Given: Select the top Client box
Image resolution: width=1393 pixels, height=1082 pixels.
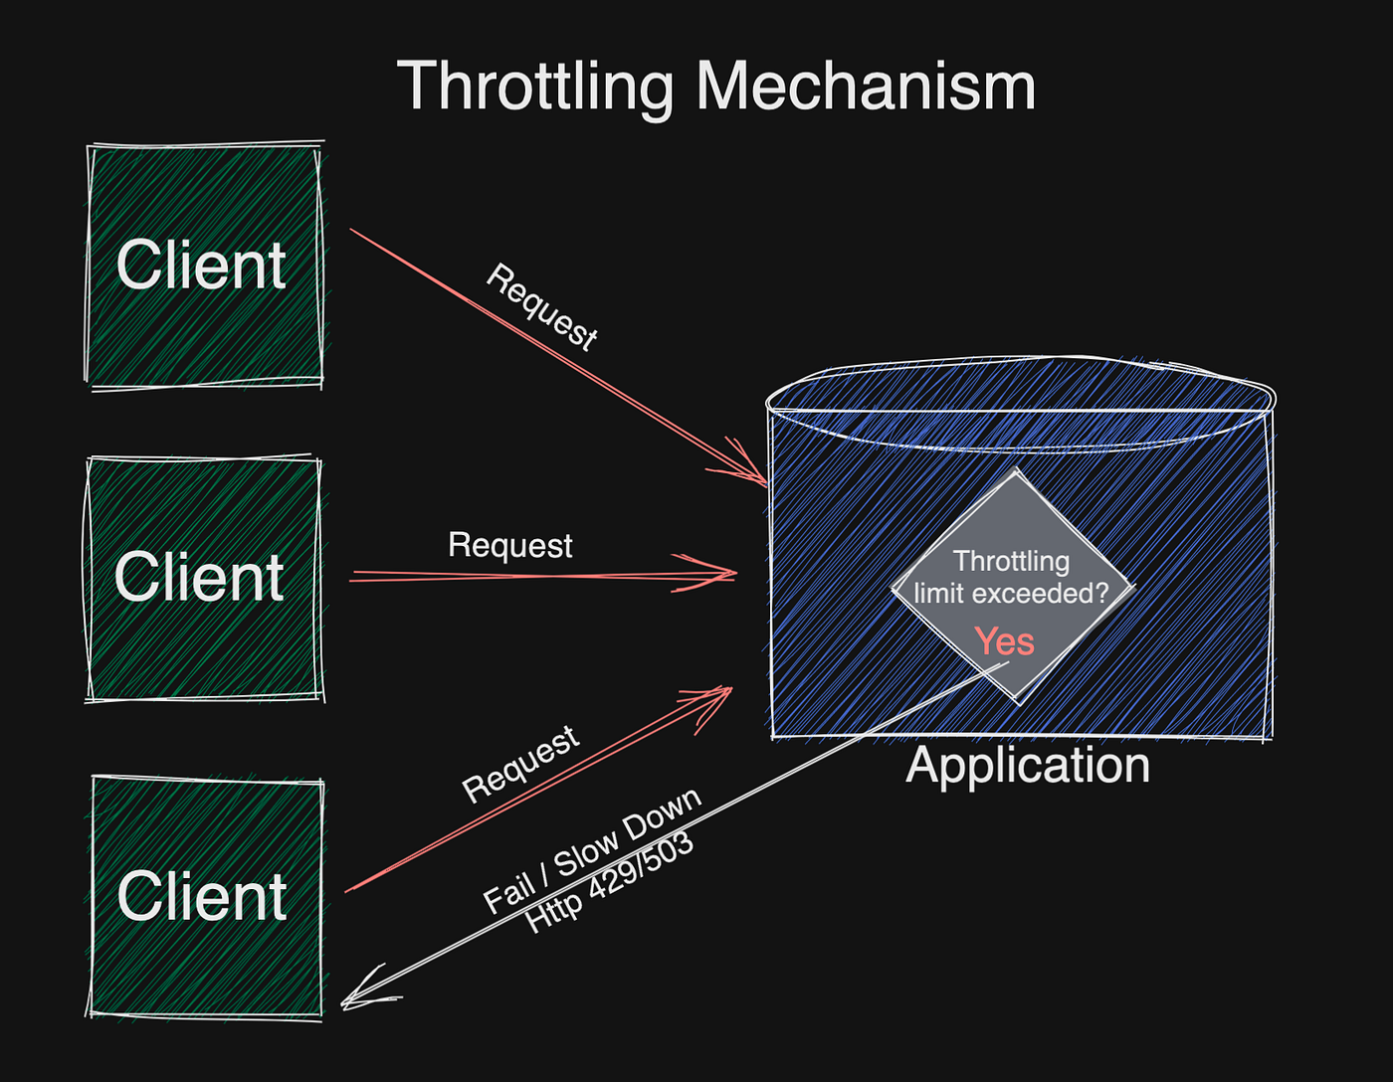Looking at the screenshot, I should pos(204,265).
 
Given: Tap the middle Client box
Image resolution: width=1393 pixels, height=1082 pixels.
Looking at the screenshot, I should pos(203,577).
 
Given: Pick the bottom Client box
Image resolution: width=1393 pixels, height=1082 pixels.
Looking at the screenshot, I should pos(205,896).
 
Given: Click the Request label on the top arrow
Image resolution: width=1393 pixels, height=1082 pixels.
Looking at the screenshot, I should pos(542,307).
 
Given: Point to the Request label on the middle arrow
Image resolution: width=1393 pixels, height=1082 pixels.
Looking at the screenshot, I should pos(509,545).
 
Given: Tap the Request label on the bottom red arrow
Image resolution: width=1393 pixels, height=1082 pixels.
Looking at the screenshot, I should pos(520,764).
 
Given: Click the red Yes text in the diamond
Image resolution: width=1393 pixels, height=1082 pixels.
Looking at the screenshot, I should pos(1004,641).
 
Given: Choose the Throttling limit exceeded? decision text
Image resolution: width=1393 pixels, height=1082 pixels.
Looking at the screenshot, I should pos(1011,578).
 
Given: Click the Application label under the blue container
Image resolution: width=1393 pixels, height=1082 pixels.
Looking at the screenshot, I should pos(1028,765).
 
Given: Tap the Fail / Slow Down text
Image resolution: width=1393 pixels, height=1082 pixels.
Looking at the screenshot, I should pos(592,849).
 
